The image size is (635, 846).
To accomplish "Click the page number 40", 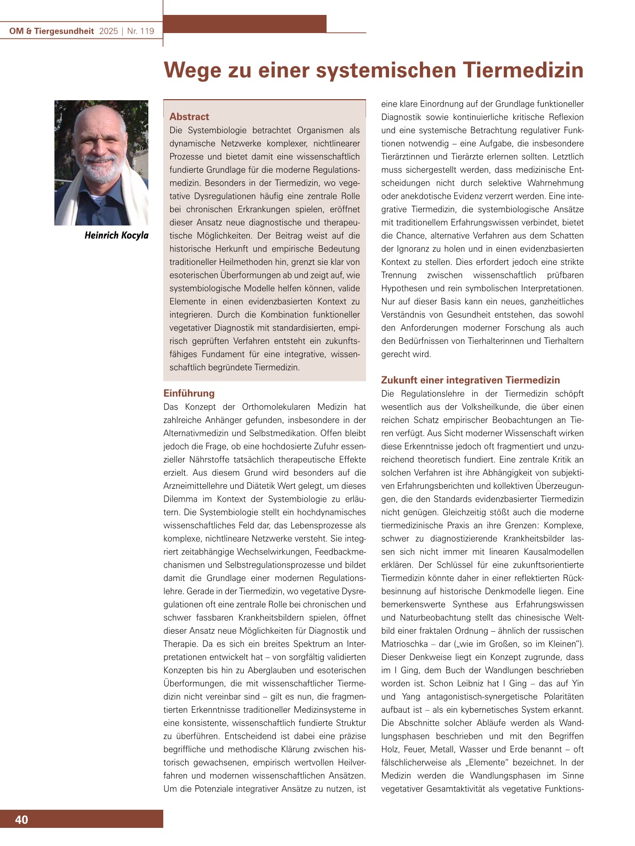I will click(21, 819).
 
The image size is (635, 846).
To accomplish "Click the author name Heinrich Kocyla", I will click(116, 235).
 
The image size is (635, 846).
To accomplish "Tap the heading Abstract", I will click(189, 116).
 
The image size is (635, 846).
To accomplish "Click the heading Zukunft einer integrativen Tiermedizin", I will click(470, 380).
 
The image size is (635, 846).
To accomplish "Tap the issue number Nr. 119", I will click(140, 31).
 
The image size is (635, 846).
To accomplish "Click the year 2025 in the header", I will click(108, 31).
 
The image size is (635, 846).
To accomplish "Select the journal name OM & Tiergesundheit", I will click(52, 31).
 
